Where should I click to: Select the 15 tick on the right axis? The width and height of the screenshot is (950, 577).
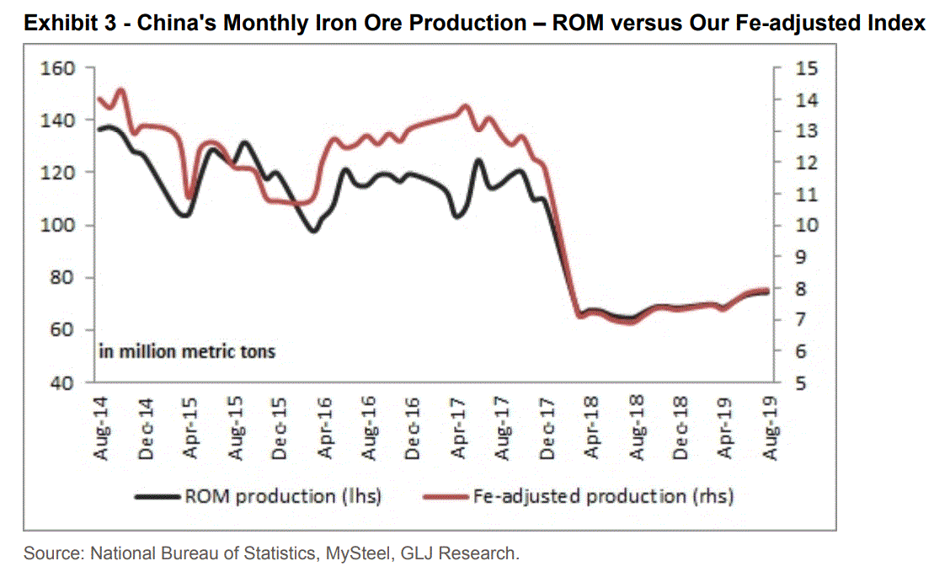[x=806, y=68]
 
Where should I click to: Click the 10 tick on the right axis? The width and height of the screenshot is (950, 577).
[x=806, y=226]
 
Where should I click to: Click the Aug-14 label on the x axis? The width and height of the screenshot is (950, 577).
[x=102, y=429]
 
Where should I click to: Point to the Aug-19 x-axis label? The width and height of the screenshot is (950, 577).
[x=770, y=429]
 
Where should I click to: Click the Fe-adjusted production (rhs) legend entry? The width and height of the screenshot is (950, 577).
[x=602, y=496]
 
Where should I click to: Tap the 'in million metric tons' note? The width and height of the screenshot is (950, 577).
[x=187, y=350]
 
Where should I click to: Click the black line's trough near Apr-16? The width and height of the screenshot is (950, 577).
[x=313, y=230]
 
